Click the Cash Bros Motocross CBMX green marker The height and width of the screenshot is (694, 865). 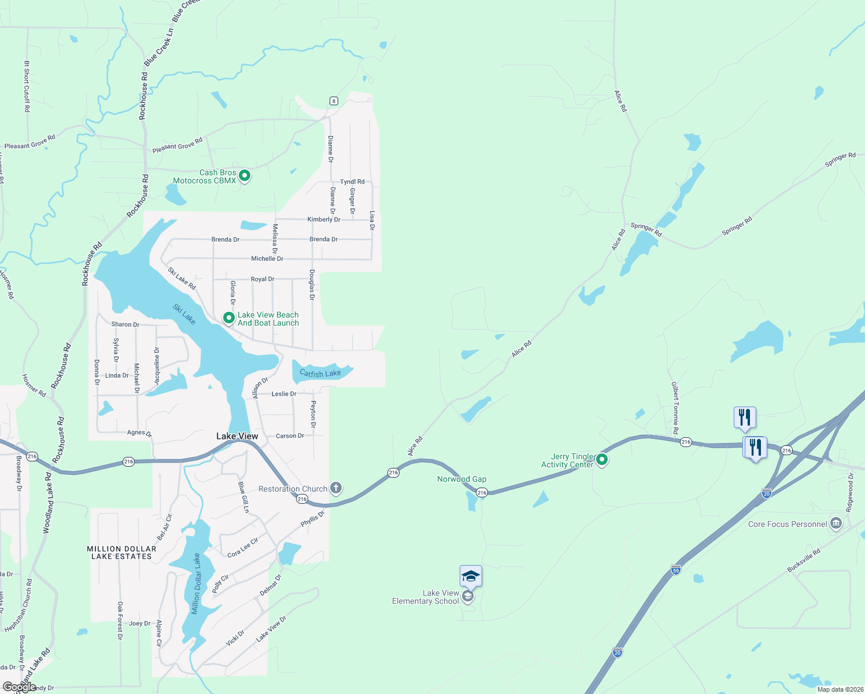245,175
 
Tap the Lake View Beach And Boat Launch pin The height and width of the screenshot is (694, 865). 229,318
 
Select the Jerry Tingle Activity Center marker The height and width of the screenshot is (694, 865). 602,460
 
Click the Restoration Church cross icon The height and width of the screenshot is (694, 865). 335,488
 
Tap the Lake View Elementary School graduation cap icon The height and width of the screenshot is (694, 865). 468,596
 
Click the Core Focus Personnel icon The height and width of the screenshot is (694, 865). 836,524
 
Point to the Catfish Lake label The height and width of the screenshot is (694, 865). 320,374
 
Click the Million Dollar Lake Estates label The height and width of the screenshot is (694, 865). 121,552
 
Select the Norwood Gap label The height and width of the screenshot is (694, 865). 461,479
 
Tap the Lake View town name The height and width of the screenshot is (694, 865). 237,436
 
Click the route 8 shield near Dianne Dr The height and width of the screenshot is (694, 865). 334,101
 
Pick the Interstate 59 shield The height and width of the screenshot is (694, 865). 675,570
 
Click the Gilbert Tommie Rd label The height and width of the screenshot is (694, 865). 675,408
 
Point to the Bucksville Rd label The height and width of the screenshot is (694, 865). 804,560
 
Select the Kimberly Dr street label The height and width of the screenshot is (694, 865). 324,219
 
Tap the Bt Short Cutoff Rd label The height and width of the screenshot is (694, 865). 27,87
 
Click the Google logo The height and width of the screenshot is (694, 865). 19,687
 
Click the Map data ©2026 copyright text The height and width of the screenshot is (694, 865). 838,689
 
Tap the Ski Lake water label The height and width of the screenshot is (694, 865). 184,314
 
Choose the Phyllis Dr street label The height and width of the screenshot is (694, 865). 313,519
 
